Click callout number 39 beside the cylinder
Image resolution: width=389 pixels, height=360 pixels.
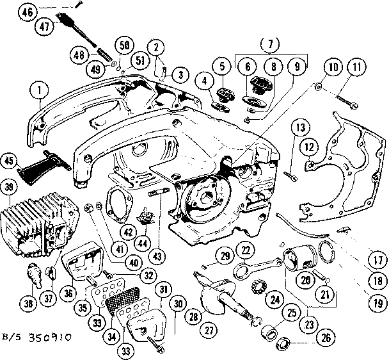click(x=9, y=186)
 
